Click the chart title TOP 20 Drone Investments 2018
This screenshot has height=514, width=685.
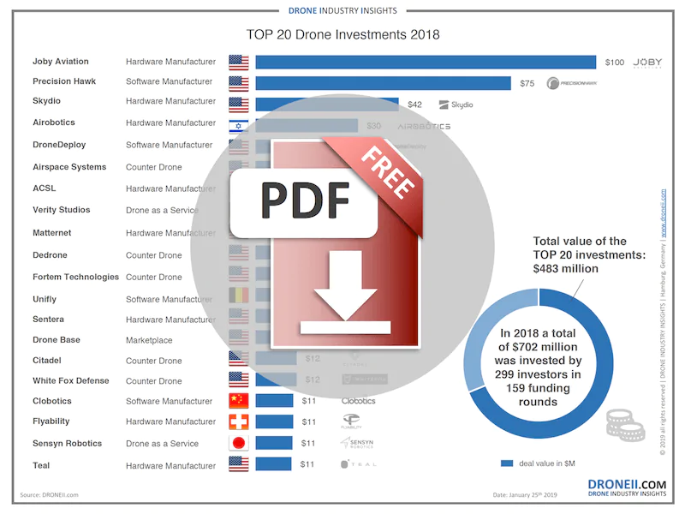[x=342, y=35]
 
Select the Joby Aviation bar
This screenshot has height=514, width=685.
[x=425, y=62]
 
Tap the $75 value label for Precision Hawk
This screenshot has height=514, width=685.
[x=527, y=83]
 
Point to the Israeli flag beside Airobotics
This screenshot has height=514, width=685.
[x=238, y=125]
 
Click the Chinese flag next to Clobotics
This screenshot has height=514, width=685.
[x=238, y=401]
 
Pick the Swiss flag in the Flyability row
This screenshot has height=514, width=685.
[x=238, y=421]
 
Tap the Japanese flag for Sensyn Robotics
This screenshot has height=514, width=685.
[x=238, y=443]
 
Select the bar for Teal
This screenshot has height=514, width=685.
[x=274, y=464]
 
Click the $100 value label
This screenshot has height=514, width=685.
[x=614, y=63]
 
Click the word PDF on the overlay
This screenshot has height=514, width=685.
[x=306, y=200]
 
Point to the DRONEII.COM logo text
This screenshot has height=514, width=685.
[x=627, y=484]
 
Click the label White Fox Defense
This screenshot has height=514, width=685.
[x=71, y=380]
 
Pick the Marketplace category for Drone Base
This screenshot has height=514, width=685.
[x=149, y=340]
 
